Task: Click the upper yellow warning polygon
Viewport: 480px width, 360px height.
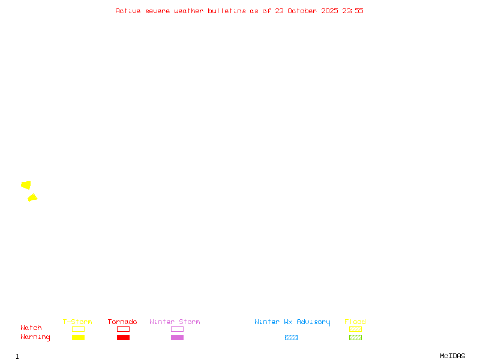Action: [26, 185]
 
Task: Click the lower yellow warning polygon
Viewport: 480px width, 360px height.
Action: [32, 198]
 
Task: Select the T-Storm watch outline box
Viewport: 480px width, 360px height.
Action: [79, 329]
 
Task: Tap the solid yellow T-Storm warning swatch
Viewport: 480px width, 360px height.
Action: [79, 337]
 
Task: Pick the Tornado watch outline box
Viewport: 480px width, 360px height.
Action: [124, 329]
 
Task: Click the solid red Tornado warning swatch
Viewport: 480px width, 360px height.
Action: [124, 337]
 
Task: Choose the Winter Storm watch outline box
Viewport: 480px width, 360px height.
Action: [177, 329]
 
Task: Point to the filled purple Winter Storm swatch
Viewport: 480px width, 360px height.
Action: [177, 337]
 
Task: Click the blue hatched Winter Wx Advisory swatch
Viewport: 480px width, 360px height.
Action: [291, 337]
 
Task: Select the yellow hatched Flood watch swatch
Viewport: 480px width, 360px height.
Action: [355, 329]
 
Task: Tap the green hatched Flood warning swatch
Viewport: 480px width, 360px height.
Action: [355, 337]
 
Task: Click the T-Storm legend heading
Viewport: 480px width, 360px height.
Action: [77, 322]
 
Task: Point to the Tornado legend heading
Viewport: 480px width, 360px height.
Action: [122, 322]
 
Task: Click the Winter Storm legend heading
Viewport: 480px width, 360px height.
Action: [175, 322]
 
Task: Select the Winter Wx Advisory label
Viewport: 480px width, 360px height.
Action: [292, 322]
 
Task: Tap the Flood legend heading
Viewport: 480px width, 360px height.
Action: [355, 322]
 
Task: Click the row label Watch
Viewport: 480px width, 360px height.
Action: [31, 328]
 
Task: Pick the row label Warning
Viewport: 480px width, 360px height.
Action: [35, 337]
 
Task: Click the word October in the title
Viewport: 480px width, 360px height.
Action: [302, 11]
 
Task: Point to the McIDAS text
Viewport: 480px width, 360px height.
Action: [452, 356]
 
